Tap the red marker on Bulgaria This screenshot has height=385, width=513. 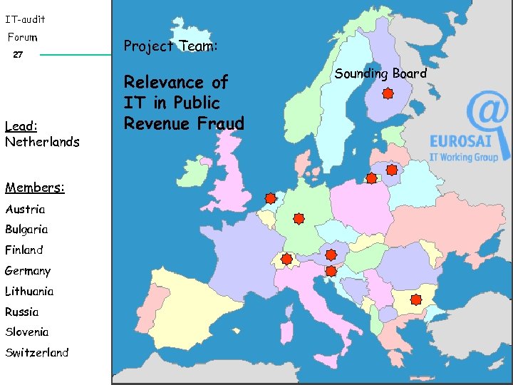(417, 300)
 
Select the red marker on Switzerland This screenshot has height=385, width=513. (286, 260)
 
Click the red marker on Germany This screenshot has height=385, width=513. (299, 218)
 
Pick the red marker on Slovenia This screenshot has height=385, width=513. (331, 271)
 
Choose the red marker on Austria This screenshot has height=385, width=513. (331, 254)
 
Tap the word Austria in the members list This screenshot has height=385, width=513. (25, 210)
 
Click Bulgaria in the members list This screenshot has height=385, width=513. (26, 230)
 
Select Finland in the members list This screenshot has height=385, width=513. (24, 250)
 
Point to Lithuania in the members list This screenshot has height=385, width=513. (29, 291)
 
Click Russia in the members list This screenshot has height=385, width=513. (22, 312)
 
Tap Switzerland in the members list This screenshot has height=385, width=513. (37, 352)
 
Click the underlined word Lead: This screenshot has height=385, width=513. (21, 126)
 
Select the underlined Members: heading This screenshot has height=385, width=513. (35, 188)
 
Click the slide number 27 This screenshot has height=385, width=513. (19, 55)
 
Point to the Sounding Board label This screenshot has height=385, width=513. (380, 73)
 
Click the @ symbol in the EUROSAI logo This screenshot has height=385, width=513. (488, 114)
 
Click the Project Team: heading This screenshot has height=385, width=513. (170, 46)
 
